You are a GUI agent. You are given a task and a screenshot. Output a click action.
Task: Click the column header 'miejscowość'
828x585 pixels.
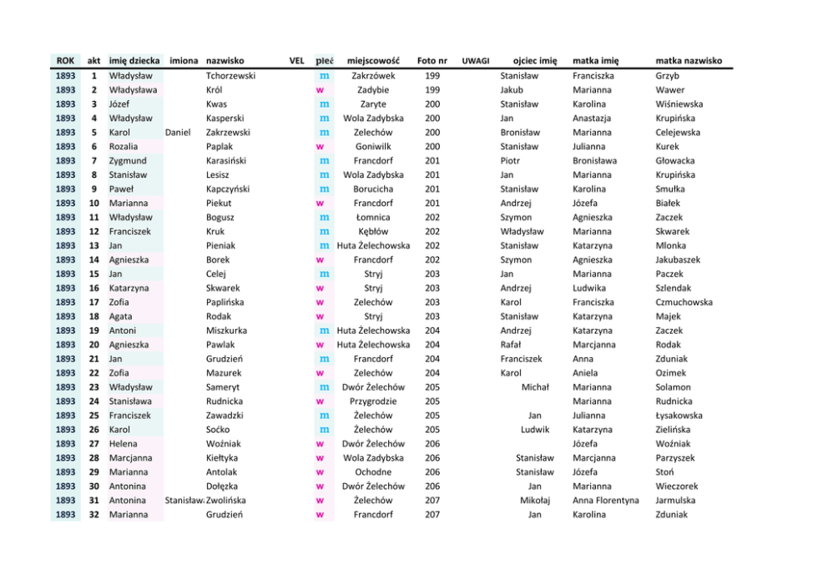pos(373,61)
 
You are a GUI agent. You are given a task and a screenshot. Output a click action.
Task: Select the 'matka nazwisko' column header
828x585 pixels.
pos(689,61)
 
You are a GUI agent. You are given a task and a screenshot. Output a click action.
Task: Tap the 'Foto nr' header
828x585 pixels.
pos(432,61)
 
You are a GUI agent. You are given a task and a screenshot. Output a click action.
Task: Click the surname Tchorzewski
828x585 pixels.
pos(230,76)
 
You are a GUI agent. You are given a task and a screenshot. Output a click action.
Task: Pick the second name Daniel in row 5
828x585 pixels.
pos(178,133)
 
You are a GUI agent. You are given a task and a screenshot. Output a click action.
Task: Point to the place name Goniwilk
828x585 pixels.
pos(373,147)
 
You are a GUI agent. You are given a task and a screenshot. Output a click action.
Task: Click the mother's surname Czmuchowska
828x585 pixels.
pos(684,302)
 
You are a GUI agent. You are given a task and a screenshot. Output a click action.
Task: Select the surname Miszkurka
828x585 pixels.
pos(226,330)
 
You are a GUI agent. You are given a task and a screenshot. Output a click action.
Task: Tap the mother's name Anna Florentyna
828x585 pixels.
pos(605,501)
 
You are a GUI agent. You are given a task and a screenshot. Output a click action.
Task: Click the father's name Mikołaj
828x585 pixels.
pos(535,501)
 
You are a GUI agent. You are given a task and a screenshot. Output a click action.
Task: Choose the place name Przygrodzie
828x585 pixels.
pos(373,401)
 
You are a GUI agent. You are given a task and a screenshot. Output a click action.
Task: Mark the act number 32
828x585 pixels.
pos(94,515)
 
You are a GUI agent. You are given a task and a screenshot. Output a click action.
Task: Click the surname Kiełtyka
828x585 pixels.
pos(222,458)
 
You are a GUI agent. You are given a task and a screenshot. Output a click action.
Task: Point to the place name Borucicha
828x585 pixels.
pos(373,189)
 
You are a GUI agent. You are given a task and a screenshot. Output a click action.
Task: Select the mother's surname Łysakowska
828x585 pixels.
pos(679,416)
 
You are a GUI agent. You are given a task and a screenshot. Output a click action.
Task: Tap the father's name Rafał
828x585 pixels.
pos(511,345)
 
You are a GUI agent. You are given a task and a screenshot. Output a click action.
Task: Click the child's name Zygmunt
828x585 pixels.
pos(128,161)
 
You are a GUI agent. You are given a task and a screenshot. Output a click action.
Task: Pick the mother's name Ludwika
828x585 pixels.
pos(589,288)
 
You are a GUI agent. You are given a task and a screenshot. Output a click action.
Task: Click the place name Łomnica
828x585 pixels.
pos(373,217)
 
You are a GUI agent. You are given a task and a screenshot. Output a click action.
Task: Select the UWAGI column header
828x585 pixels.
pos(476,61)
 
